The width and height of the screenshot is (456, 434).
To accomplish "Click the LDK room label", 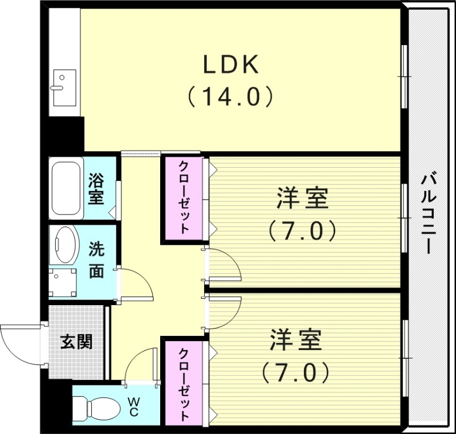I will pos(232,65).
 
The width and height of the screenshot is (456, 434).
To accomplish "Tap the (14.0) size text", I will pos(232,97).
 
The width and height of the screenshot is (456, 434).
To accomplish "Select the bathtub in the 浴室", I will pos(67,188).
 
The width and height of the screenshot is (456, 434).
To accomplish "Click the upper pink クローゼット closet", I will pos(184,197).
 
